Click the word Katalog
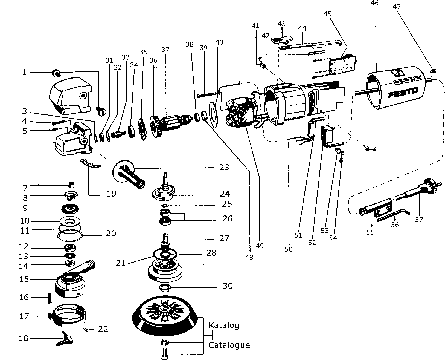[224, 326]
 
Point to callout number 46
[374, 3]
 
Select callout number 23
[224, 167]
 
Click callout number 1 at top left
[25, 72]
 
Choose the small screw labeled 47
[433, 71]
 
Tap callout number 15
[24, 279]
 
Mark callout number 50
[289, 249]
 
